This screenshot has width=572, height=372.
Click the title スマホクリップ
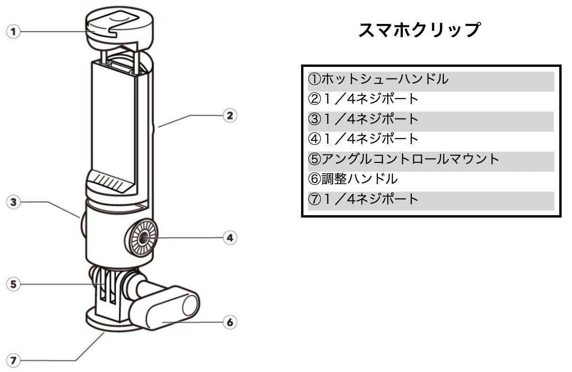tap(419, 31)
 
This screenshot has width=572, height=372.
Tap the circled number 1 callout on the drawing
tap(14, 32)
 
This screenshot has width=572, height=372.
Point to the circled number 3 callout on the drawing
tap(14, 202)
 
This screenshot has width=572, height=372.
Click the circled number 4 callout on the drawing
tap(229, 238)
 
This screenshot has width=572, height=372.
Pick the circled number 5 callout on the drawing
tap(14, 284)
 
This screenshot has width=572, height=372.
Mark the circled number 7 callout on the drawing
tap(14, 361)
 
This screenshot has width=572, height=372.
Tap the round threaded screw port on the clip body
tap(143, 238)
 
